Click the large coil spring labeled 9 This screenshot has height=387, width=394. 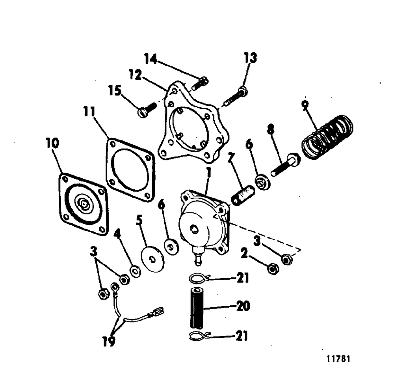coord(328,136)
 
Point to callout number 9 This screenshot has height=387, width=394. coord(305,105)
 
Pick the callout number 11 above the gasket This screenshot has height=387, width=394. coord(89,112)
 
